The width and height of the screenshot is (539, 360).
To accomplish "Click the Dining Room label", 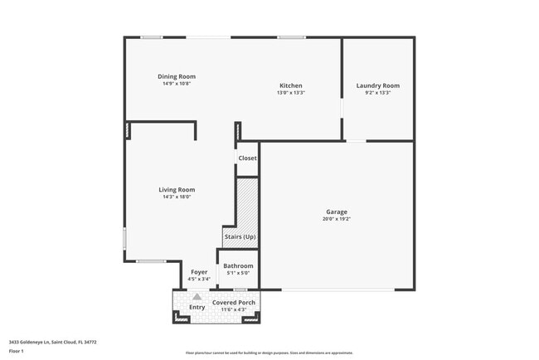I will [177, 76].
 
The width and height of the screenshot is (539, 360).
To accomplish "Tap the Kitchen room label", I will [290, 85].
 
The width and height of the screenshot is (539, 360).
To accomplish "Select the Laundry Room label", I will [378, 85].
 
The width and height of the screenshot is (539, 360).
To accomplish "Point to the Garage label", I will [336, 212].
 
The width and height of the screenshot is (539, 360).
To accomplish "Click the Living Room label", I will [177, 189].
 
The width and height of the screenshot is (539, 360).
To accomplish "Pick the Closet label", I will [247, 158].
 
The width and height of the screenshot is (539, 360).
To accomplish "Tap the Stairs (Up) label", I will [240, 237].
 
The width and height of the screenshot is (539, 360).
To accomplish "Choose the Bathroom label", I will [238, 265].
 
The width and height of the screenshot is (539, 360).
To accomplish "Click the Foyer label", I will [199, 272].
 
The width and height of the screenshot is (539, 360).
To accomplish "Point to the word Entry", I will [197, 308].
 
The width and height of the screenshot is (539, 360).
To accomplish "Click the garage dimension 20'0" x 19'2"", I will [336, 219].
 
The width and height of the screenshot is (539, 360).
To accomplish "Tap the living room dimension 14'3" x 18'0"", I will [177, 197].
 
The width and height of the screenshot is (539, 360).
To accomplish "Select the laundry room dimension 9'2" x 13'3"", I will [378, 93].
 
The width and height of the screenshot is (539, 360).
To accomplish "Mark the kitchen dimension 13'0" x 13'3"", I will [290, 93].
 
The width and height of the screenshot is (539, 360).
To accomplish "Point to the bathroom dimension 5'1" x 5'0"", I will [238, 273].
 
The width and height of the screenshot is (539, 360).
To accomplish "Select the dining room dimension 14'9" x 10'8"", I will [177, 84].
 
